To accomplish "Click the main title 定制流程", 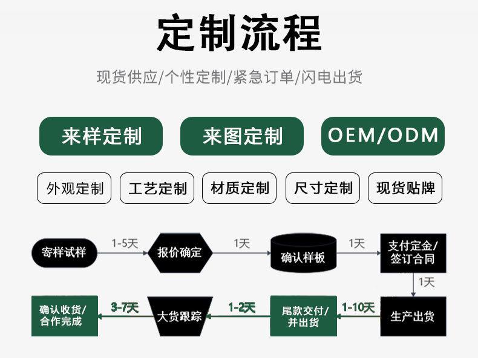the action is pos(240,33).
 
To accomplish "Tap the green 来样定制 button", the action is pos(101,136).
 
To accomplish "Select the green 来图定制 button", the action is pos(242,136).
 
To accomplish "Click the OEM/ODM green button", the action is pos(383,136).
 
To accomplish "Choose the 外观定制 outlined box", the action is pos(74,188).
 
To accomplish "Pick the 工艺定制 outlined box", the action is pos(157,188).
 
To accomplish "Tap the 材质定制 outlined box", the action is pos(240,188).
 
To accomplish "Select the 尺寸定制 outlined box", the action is pos(323,188).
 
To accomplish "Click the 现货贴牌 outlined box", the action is pos(405,188).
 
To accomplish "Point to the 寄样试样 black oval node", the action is pos(64,253).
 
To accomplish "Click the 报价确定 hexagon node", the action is pos(180,253).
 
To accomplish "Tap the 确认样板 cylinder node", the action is pos(304,254).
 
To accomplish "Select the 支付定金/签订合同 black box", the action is pos(413,253).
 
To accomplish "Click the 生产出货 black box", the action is pos(413,316).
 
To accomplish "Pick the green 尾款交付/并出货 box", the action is pos(304,316).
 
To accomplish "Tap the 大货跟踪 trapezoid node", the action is pos(180,316).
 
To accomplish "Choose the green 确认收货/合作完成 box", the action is pos(65,316).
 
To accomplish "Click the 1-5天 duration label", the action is pos(125,243).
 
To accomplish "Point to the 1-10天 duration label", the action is pos(358,307).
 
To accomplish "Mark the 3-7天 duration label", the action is pos(125,307).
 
